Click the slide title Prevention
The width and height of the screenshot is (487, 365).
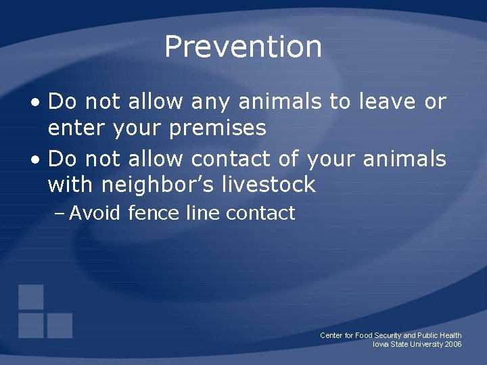pyautogui.click(x=243, y=47)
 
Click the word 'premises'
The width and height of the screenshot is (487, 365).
pyautogui.click(x=218, y=128)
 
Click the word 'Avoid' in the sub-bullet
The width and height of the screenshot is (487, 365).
pyautogui.click(x=95, y=214)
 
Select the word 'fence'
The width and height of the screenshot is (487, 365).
pyautogui.click(x=154, y=214)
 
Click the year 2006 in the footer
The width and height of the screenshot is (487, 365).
pyautogui.click(x=453, y=345)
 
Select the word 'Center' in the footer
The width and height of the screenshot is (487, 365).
pyautogui.click(x=331, y=335)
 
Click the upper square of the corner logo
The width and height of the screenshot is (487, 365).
pyautogui.click(x=31, y=297)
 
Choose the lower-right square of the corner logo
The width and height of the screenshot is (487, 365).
pyautogui.click(x=60, y=325)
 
